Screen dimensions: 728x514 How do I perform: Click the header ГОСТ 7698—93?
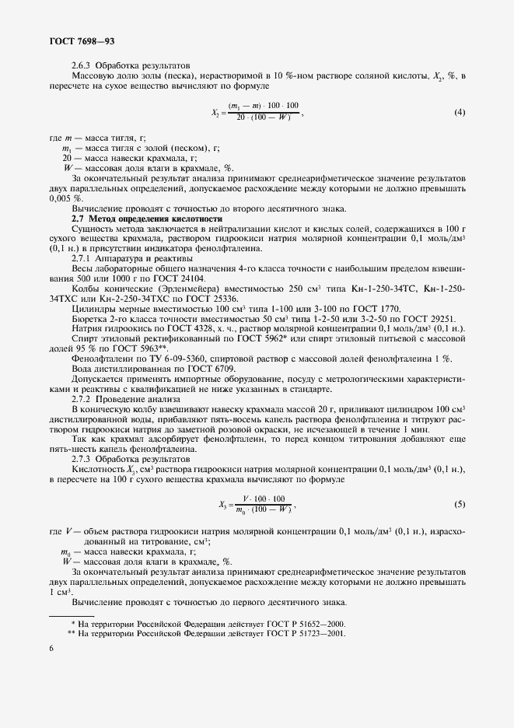82,39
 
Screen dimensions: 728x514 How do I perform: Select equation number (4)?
460,112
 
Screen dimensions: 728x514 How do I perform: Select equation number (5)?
460,505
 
